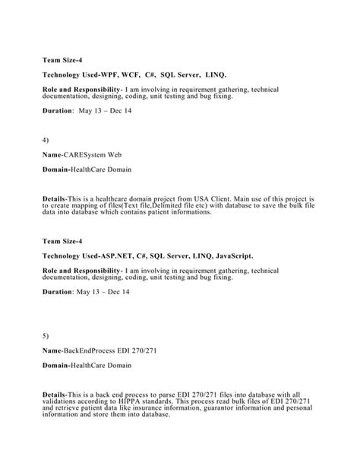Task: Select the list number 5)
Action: click(x=46, y=334)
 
